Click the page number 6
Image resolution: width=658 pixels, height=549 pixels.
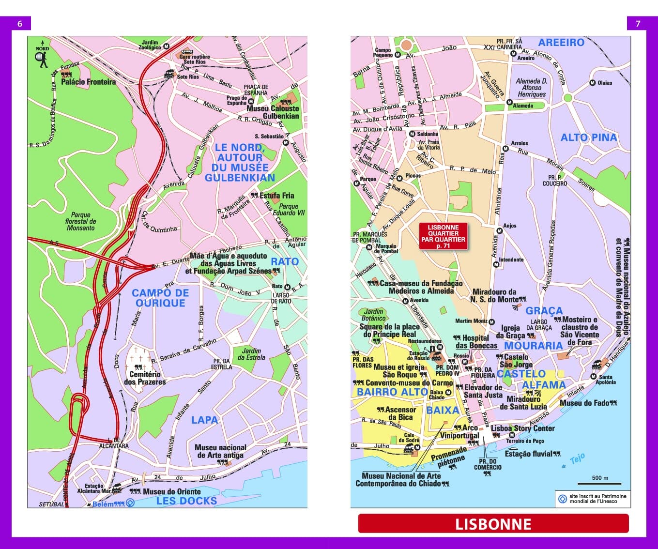(20, 23)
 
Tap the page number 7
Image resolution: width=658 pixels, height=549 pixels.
(638, 23)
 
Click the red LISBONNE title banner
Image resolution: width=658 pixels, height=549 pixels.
(493, 524)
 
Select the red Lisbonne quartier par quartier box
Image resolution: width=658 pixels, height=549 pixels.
(443, 236)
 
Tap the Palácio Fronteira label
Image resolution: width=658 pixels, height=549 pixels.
(88, 82)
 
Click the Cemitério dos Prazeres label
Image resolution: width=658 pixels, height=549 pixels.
(145, 378)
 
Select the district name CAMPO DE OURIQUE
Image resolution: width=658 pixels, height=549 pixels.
(160, 298)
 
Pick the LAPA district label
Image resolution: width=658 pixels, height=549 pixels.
(204, 420)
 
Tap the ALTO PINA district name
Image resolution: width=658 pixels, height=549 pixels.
(589, 137)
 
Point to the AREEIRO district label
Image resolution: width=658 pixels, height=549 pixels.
(561, 43)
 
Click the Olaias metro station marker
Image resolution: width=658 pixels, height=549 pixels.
(592, 83)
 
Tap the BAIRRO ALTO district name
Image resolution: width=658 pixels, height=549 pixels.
(392, 392)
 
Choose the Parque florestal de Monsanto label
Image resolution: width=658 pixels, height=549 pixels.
(80, 221)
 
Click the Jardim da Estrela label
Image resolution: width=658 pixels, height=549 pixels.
(251, 354)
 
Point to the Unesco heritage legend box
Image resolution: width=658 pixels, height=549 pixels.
(593, 499)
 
